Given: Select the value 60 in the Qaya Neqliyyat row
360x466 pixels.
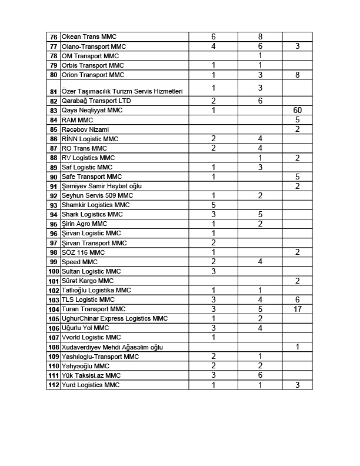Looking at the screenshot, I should click(x=297, y=110).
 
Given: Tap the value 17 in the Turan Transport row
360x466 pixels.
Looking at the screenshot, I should click(x=297, y=309).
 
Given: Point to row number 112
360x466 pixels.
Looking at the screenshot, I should click(x=54, y=385).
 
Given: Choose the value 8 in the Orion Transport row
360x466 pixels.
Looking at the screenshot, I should click(x=297, y=75).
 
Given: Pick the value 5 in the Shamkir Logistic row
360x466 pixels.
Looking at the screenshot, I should click(x=214, y=205).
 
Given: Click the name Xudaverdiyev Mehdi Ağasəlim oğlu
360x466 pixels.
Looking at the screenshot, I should click(x=114, y=347).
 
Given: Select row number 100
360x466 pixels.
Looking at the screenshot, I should click(x=54, y=271).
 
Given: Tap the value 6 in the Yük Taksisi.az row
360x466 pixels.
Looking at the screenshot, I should click(x=259, y=375).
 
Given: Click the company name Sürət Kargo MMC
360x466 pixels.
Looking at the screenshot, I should click(x=87, y=281).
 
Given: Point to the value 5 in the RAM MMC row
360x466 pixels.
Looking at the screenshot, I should click(x=297, y=119).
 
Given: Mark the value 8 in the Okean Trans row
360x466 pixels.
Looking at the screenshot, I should click(x=259, y=37).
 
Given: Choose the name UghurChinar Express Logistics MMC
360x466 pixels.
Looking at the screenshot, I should click(x=115, y=318).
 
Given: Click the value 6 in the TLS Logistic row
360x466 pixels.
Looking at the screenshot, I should click(x=297, y=299).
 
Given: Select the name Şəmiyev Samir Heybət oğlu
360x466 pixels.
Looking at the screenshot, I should click(x=102, y=186).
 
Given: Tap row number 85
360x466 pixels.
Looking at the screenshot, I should click(x=54, y=129).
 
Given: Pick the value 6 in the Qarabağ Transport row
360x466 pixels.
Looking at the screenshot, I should click(x=259, y=101).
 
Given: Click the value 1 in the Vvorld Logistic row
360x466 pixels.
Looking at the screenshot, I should click(x=214, y=337).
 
